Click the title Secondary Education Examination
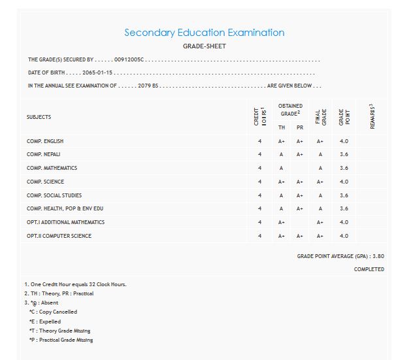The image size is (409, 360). [204, 33]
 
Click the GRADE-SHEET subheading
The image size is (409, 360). [204, 47]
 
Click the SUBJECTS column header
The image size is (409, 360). [39, 117]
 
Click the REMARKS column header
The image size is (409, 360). [372, 116]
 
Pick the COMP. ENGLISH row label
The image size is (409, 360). [45, 141]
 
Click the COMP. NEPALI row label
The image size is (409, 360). [44, 154]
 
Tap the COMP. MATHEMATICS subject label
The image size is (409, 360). [52, 168]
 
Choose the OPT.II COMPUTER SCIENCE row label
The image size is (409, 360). [59, 236]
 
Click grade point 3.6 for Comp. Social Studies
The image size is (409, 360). [344, 195]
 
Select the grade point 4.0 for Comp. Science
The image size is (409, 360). [344, 182]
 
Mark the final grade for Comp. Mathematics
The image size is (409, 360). [320, 168]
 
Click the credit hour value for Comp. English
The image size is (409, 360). [259, 141]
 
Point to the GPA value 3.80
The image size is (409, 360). [378, 256]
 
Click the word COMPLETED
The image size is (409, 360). [369, 269]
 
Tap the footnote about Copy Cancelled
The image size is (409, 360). [53, 312]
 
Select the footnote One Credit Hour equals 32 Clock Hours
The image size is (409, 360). [75, 284]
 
